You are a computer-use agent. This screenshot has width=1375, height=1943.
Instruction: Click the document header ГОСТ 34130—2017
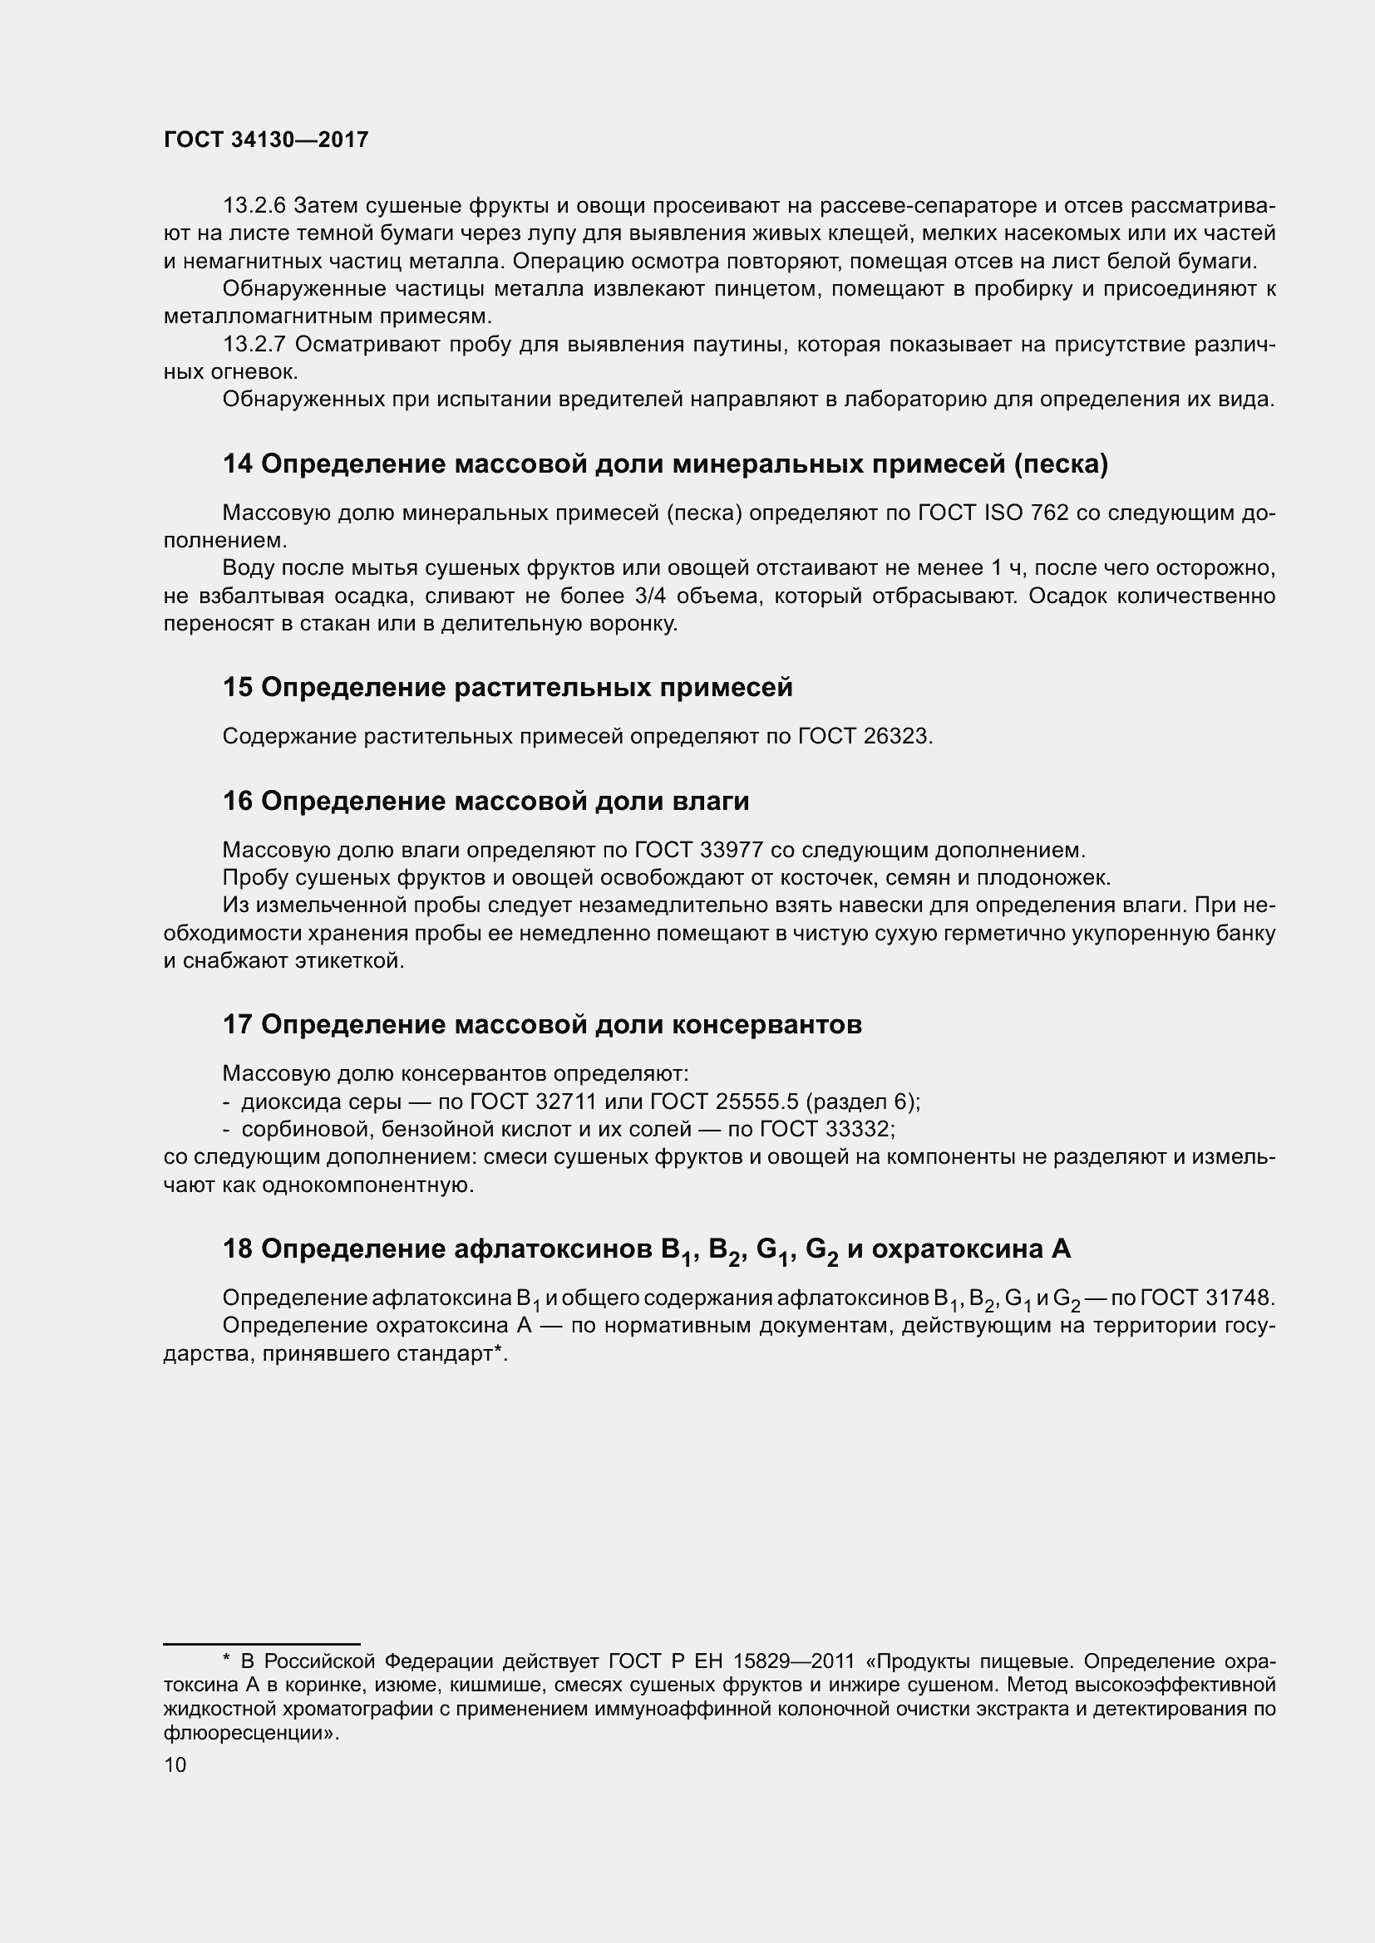266,140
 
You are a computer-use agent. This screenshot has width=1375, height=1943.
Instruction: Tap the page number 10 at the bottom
175,1764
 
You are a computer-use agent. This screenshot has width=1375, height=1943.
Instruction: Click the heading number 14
238,464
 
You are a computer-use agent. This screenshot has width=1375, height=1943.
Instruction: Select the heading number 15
238,687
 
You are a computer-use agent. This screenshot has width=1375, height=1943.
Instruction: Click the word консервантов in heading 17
766,1024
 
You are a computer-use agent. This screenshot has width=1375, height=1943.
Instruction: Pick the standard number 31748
1239,1298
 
